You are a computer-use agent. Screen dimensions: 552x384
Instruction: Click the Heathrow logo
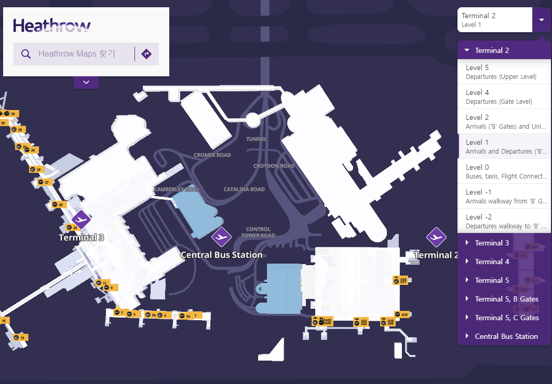(52, 25)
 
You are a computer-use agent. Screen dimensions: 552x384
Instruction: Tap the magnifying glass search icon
(26, 54)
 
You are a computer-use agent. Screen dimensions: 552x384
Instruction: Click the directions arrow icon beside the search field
(146, 54)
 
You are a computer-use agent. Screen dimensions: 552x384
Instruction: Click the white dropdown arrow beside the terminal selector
(542, 20)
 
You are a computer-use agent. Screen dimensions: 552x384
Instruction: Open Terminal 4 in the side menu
(492, 262)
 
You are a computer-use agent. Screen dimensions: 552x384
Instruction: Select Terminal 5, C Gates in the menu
(506, 318)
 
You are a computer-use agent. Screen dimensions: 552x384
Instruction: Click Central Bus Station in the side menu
(506, 336)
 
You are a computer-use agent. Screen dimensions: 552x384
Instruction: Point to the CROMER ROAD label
(212, 155)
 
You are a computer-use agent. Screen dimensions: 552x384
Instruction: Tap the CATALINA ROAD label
(244, 189)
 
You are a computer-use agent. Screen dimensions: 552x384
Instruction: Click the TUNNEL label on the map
(257, 139)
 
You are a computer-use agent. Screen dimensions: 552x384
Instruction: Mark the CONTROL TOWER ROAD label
(258, 232)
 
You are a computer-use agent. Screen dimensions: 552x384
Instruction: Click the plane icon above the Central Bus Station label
(221, 237)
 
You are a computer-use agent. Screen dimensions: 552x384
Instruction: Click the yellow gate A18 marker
(402, 314)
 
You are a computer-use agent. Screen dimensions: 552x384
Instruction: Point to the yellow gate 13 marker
(20, 337)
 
